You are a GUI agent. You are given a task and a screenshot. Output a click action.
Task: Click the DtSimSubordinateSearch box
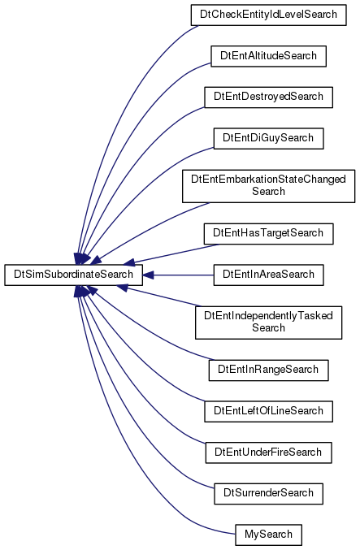[x=73, y=275]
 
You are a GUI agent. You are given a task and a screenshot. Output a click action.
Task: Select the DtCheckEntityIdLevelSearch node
[x=268, y=15]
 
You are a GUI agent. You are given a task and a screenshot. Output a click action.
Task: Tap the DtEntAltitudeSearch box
[x=268, y=56]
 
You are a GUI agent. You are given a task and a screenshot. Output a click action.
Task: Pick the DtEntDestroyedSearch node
[x=268, y=97]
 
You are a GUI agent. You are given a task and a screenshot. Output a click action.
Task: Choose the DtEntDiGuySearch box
[x=268, y=138]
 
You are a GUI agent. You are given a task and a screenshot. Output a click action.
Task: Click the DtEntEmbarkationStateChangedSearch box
[x=268, y=185]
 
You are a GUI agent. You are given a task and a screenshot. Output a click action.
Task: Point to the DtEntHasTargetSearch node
[x=268, y=234]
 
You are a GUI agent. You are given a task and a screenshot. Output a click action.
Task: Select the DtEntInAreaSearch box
[x=268, y=275]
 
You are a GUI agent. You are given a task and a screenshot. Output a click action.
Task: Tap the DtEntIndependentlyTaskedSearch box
[x=268, y=323]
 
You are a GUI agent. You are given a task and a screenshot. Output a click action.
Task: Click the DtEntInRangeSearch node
[x=268, y=370]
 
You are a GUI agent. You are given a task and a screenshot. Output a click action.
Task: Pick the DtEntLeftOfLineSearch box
[x=268, y=411]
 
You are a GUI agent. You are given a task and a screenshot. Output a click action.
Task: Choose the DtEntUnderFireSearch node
[x=268, y=453]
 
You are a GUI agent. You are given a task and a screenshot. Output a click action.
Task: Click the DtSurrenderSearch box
[x=268, y=493]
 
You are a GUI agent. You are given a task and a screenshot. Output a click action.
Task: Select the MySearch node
[x=268, y=535]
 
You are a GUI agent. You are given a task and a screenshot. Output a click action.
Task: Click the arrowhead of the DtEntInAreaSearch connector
[x=148, y=275]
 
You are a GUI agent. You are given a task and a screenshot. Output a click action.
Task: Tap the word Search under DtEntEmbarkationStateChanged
[x=268, y=192]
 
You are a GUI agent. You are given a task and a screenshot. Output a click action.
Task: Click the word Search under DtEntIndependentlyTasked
[x=268, y=328]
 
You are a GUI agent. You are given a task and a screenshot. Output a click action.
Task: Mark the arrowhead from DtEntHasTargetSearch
[x=128, y=262]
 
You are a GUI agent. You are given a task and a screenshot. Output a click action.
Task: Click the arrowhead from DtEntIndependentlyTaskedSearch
[x=123, y=286]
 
